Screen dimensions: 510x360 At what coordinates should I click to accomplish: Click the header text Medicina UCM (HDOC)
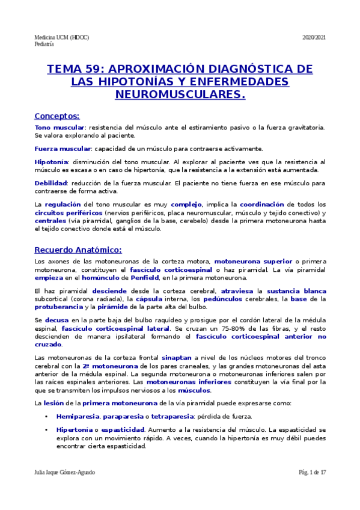coord(61,37)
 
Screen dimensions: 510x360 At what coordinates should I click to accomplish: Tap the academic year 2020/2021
coord(313,37)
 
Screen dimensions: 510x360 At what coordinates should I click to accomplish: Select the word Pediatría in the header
coord(44,44)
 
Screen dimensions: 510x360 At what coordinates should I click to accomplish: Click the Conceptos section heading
coord(57,115)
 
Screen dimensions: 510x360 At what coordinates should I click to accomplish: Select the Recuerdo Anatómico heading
coord(78,250)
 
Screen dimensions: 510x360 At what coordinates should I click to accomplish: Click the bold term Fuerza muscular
coord(63,148)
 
